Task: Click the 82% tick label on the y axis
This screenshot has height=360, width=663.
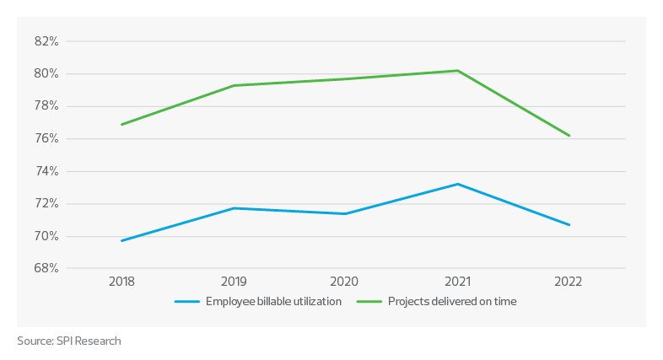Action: [x=46, y=41]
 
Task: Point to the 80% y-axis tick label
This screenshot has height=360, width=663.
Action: [x=46, y=74]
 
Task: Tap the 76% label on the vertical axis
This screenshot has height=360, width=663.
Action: [x=46, y=139]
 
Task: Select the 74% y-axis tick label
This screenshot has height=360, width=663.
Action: [x=46, y=171]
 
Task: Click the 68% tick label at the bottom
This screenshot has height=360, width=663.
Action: [x=46, y=269]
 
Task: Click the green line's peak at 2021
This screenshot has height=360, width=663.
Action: [x=457, y=71]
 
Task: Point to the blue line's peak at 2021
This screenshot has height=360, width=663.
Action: [x=457, y=184]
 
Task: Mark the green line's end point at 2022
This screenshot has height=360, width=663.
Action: [x=570, y=136]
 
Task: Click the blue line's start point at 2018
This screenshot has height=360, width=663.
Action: [x=122, y=241]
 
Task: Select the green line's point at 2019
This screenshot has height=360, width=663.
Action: [x=234, y=85]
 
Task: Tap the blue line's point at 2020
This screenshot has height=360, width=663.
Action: [x=345, y=214]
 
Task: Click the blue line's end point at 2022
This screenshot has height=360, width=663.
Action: [x=570, y=225]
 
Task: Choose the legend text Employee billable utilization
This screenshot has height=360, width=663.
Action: [x=274, y=301]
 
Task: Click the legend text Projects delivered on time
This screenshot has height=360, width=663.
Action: [x=452, y=301]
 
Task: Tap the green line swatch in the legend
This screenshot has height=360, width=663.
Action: [x=369, y=301]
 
